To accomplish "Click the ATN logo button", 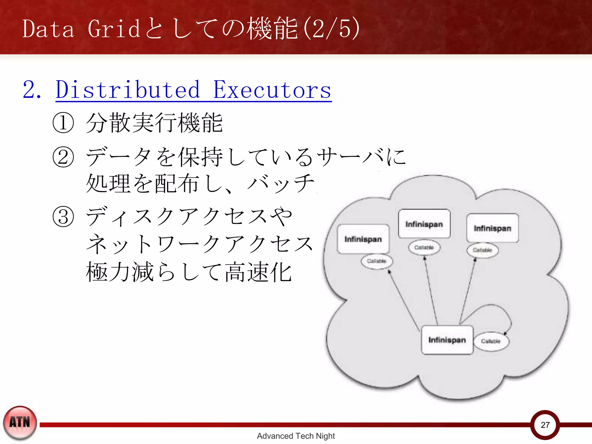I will (x=20, y=423).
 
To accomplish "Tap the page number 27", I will (x=545, y=425).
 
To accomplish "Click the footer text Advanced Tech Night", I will (x=296, y=436).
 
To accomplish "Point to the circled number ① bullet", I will (x=63, y=123).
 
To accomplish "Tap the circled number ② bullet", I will (x=63, y=157).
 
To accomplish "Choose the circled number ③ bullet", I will (x=63, y=217).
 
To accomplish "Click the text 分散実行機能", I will (x=154, y=123).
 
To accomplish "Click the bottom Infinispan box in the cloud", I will (x=447, y=340).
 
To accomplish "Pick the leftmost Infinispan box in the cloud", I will (x=363, y=239).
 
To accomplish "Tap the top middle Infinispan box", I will (x=424, y=224).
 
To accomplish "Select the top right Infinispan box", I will (x=492, y=228).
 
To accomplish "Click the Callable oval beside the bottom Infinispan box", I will (x=491, y=341).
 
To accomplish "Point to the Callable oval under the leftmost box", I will (x=377, y=261).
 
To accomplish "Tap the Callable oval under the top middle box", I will (x=424, y=247).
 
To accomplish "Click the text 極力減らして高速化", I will (x=188, y=272).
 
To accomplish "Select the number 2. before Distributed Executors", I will (x=32, y=90).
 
